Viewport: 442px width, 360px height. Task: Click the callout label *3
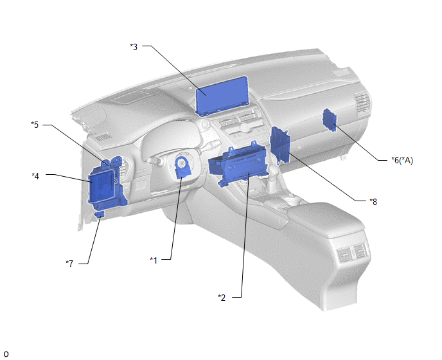click(x=134, y=47)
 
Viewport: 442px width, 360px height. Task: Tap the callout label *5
click(x=35, y=125)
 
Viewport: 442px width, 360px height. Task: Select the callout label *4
click(x=35, y=176)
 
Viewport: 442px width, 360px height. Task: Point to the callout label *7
click(x=69, y=264)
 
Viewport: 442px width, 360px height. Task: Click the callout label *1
click(x=154, y=260)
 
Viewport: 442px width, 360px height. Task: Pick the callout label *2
click(x=222, y=298)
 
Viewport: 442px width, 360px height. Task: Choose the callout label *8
click(x=373, y=202)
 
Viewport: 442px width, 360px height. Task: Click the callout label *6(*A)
click(x=402, y=160)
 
